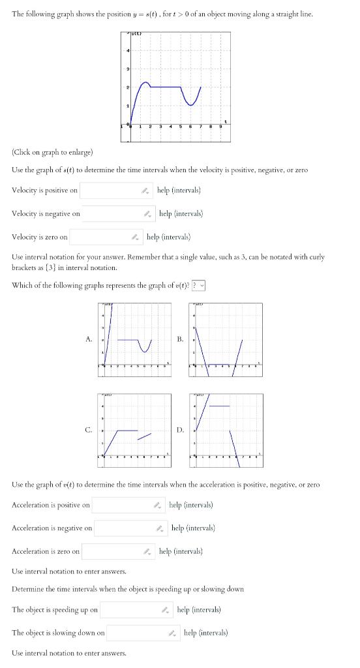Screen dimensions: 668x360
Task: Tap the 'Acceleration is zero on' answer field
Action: (x=113, y=551)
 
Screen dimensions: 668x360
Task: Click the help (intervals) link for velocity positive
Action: (x=179, y=190)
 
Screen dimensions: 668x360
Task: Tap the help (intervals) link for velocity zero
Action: (x=168, y=237)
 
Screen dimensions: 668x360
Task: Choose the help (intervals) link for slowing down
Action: (x=205, y=633)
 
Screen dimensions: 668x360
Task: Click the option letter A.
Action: (x=89, y=339)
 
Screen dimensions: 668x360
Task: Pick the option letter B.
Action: (x=179, y=339)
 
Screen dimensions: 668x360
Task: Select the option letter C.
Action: (x=89, y=430)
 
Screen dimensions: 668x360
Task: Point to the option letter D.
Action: (x=179, y=430)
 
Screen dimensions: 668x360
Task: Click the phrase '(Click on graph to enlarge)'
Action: (x=52, y=152)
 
